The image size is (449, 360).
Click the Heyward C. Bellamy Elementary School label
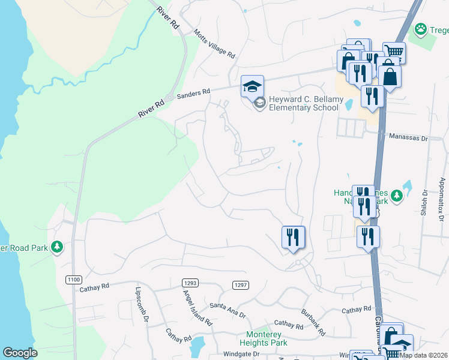click(x=304, y=103)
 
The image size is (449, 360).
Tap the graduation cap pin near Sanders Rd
click(x=252, y=86)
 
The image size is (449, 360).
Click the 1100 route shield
click(x=73, y=280)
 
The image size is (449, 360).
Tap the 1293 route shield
click(x=190, y=283)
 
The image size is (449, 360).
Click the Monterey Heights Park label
click(x=267, y=338)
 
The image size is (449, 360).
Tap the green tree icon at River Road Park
click(x=57, y=247)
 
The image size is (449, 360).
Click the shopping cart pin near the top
click(x=394, y=52)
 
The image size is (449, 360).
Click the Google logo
click(x=20, y=353)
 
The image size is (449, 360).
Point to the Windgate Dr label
click(x=240, y=354)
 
